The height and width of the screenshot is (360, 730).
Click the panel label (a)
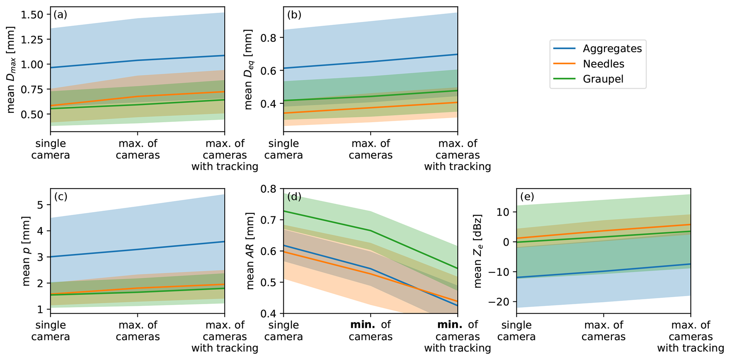click(60, 15)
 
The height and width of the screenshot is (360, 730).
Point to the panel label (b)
click(294, 15)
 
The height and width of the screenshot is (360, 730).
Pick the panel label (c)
click(60, 197)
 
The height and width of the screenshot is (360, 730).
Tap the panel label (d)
click(294, 197)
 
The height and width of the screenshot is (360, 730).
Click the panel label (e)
click(527, 197)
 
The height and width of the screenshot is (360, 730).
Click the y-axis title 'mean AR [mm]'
click(250, 251)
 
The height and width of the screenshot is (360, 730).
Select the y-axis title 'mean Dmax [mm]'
click(11, 70)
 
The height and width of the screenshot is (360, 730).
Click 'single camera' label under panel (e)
click(516, 331)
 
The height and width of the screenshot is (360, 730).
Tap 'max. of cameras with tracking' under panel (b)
click(457, 155)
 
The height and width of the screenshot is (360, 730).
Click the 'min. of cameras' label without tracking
click(370, 331)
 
